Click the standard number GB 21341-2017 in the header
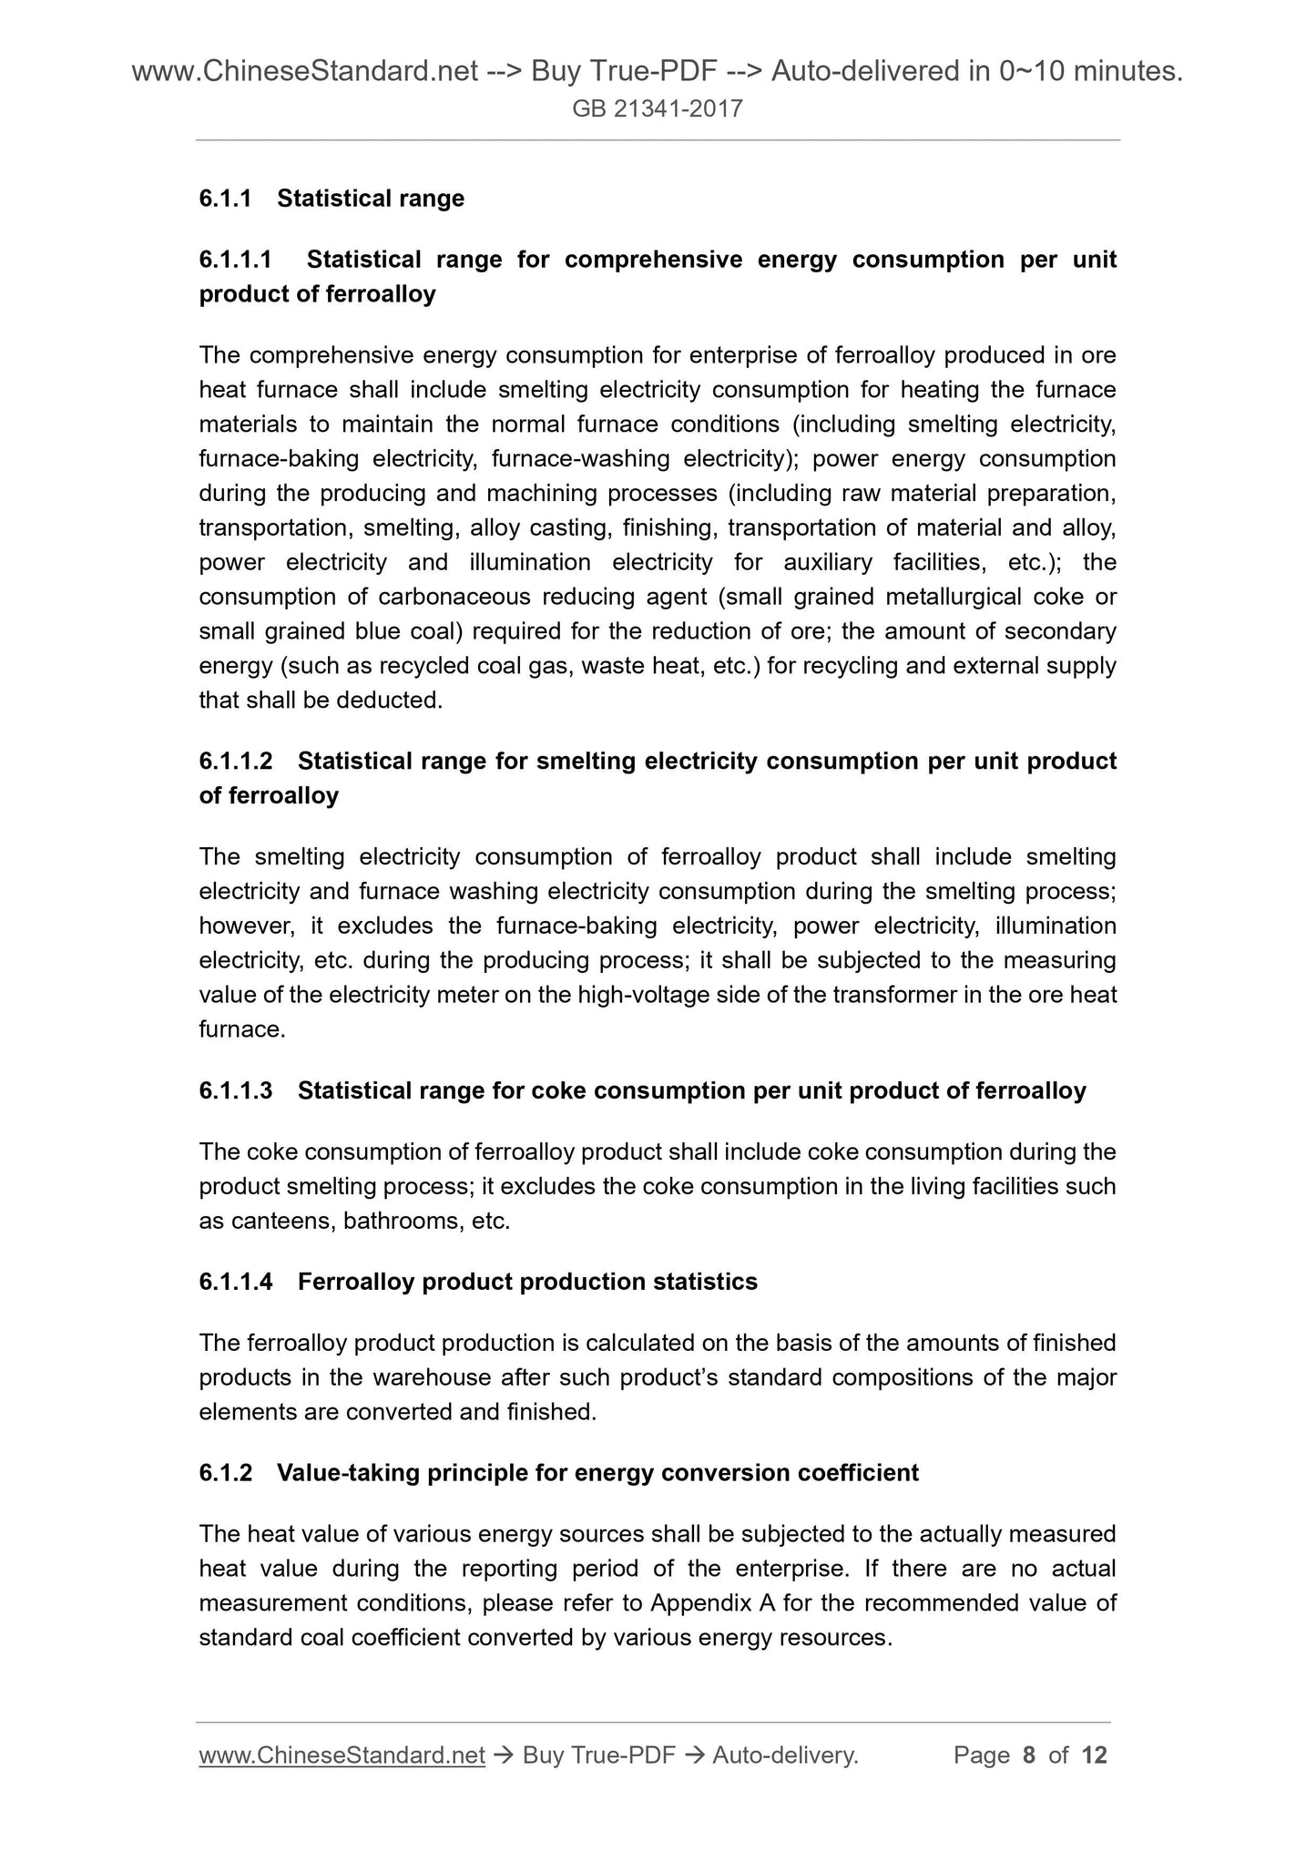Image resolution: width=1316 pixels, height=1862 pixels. point(658,110)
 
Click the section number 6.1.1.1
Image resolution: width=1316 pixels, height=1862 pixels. point(236,260)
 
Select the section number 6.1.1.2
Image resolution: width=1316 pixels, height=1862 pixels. point(236,761)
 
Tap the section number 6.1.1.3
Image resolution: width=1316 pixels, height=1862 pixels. point(236,1090)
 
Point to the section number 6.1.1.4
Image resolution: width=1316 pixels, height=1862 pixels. point(236,1282)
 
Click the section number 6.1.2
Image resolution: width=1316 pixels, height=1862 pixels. point(225,1473)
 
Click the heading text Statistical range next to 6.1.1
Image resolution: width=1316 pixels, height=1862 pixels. point(371,199)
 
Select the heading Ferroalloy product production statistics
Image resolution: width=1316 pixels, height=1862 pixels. point(527,1282)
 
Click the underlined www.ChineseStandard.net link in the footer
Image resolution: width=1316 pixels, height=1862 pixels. point(342,1755)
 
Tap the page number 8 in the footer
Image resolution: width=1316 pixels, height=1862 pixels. point(1029,1755)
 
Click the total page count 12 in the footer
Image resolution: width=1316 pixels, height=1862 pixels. point(1094,1755)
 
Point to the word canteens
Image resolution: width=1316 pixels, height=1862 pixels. point(283,1221)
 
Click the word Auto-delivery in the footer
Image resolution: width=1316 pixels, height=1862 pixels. point(785,1755)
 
